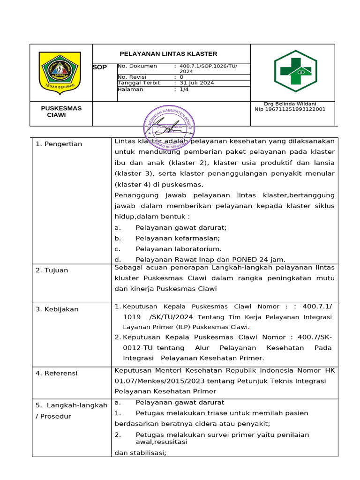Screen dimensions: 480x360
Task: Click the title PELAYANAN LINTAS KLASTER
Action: point(169,54)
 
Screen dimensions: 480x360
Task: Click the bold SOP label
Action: point(100,67)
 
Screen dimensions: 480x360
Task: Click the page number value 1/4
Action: point(184,89)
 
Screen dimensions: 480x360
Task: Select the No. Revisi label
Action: point(133,77)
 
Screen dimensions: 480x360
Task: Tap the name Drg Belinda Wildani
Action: point(290,104)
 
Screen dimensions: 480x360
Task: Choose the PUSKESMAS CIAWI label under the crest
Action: point(61,112)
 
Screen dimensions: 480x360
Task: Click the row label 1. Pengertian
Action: point(59,144)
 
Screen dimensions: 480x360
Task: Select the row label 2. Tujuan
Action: point(52,270)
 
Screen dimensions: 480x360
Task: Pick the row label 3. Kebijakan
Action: point(57,309)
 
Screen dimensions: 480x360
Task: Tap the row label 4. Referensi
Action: point(56,374)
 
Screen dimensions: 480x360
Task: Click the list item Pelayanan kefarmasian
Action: point(178,238)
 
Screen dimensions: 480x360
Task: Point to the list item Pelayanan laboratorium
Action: point(179,249)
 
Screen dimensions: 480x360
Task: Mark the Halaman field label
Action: point(131,89)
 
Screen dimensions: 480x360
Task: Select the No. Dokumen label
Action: point(138,66)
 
